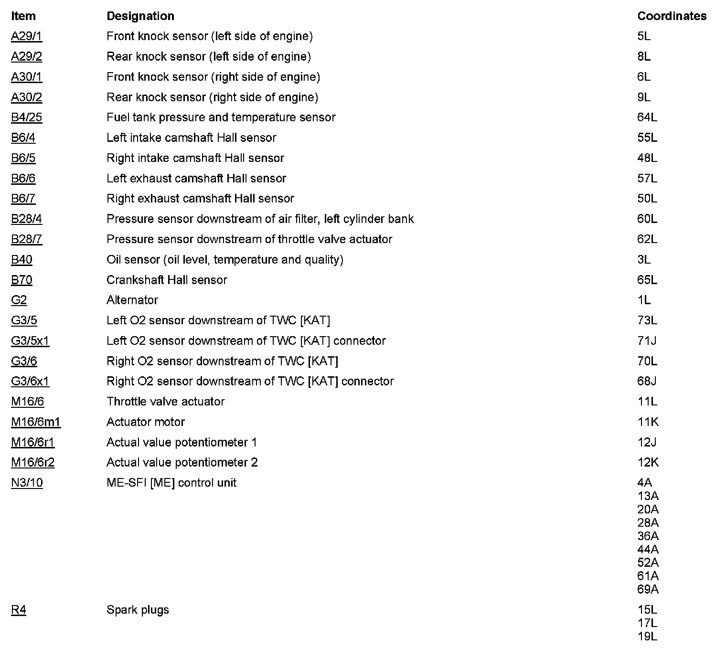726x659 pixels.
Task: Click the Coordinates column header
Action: pos(672,16)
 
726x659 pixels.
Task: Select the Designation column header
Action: pos(140,16)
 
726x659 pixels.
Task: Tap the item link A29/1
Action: pos(26,36)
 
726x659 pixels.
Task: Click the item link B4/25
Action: pos(26,117)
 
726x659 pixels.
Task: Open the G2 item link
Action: pos(19,300)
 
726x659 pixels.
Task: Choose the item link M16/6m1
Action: pos(36,422)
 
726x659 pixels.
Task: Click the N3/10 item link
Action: pos(27,483)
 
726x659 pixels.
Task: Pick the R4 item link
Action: pos(19,610)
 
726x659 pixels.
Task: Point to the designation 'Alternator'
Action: pos(132,300)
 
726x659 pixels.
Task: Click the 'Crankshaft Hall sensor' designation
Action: pos(167,280)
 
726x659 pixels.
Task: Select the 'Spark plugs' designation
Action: pos(138,610)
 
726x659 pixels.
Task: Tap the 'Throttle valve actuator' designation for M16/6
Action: pos(165,402)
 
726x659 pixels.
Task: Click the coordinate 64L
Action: pos(647,117)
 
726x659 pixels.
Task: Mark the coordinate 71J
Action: pos(647,340)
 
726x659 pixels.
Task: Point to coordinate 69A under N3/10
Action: pos(648,589)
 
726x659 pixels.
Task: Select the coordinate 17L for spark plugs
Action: pos(647,623)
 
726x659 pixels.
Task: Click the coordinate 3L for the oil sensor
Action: pos(643,259)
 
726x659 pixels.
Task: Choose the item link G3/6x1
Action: pos(30,381)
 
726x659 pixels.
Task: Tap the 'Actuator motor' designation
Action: pos(145,422)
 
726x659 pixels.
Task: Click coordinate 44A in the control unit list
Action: pos(648,549)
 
